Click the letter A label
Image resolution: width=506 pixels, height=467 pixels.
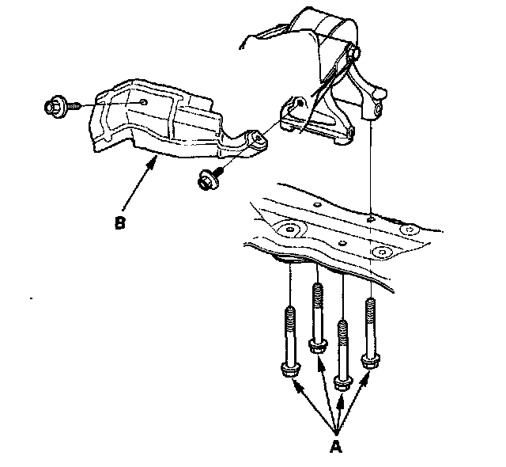[x=335, y=446]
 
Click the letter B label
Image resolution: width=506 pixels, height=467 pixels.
[x=119, y=223]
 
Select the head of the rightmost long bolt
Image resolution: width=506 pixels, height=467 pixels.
[x=369, y=362]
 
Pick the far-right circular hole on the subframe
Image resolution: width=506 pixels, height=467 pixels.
[x=410, y=230]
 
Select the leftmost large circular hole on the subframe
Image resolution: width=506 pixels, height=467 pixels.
[x=290, y=231]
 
